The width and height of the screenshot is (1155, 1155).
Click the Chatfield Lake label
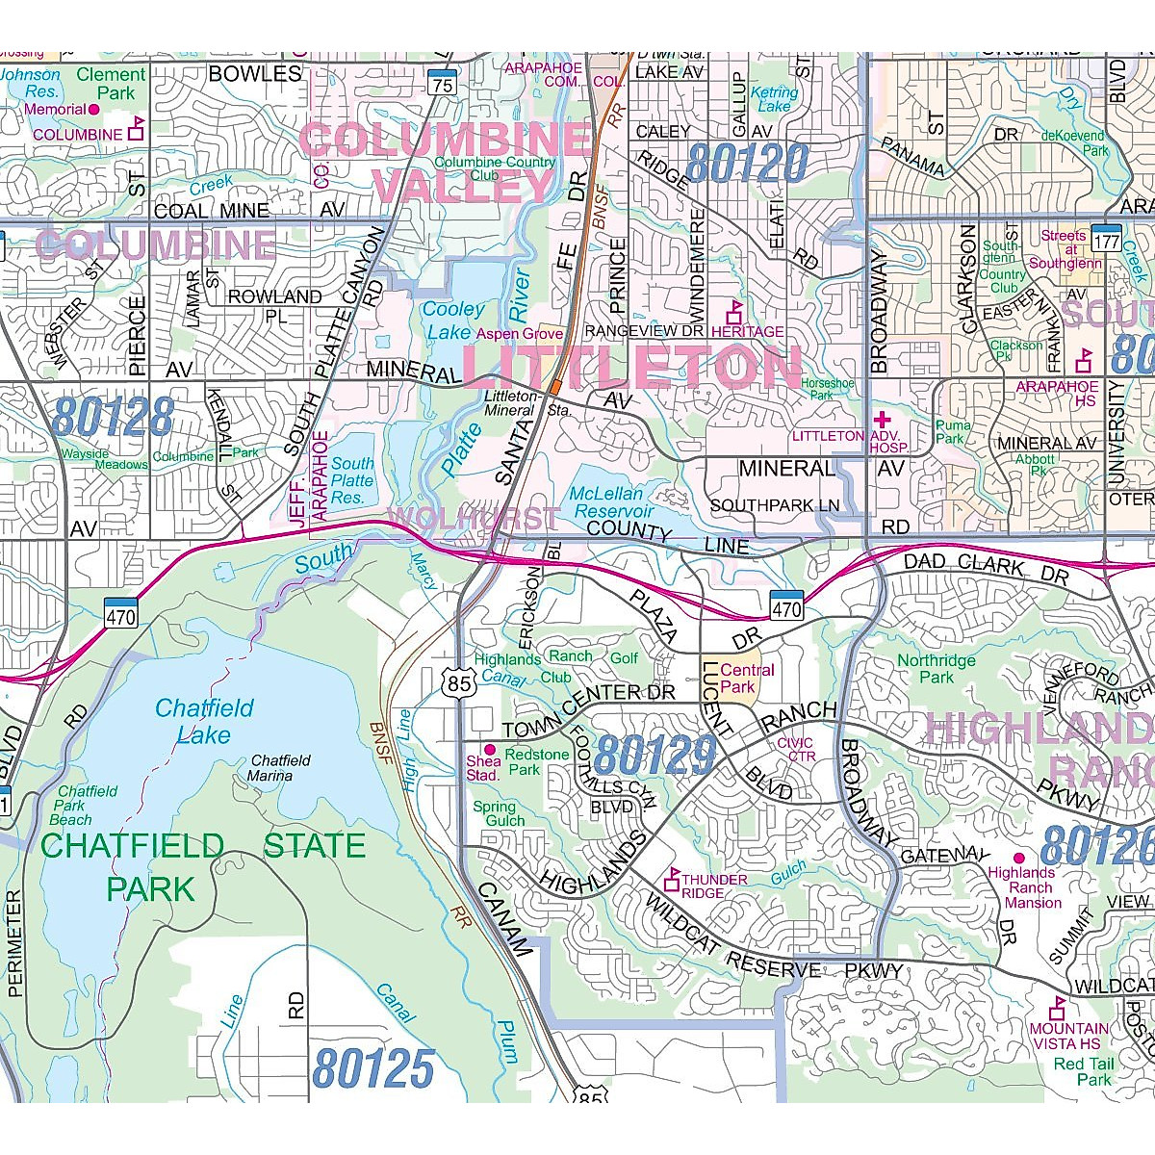tap(204, 722)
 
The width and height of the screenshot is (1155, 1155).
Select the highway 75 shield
tap(442, 83)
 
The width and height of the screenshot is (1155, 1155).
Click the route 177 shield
tap(1104, 236)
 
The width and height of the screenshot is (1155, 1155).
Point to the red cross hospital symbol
tap(882, 421)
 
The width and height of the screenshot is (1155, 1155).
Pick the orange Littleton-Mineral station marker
tap(556, 386)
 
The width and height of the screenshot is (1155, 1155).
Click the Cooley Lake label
tap(453, 321)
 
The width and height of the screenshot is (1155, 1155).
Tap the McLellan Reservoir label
tap(611, 502)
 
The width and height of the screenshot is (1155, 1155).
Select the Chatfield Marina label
tap(278, 767)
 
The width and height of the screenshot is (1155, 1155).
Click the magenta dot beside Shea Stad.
tap(489, 749)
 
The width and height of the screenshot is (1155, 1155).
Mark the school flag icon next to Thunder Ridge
tap(673, 878)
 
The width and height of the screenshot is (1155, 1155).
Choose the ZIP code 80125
tap(373, 1067)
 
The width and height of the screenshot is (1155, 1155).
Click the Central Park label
tap(747, 679)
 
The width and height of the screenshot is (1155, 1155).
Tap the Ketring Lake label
tap(774, 99)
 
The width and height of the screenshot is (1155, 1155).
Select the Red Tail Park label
tap(1083, 1071)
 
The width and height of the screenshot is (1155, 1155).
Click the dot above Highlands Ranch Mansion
tap(1018, 857)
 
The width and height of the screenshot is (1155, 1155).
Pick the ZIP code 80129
tap(655, 756)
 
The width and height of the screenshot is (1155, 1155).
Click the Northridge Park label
tap(936, 669)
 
